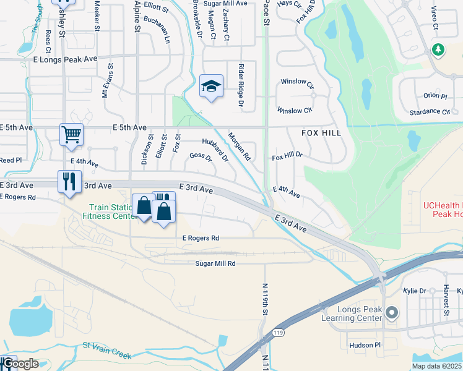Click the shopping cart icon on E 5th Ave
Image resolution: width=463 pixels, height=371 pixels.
[71, 134]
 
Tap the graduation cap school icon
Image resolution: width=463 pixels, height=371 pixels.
[210, 86]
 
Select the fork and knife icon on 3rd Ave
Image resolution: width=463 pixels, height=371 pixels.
[69, 182]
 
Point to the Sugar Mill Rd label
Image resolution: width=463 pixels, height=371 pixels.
[216, 263]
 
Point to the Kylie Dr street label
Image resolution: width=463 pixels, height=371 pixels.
[414, 291]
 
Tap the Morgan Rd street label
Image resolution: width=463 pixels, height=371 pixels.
[238, 145]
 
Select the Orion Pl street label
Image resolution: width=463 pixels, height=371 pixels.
[435, 96]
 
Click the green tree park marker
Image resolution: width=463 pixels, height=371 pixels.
[438, 49]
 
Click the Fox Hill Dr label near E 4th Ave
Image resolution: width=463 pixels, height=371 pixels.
[287, 157]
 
